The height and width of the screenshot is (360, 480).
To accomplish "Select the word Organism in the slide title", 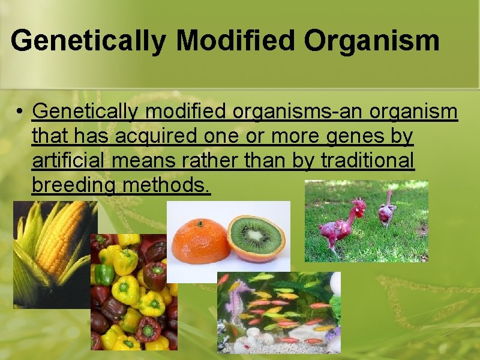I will [371, 41].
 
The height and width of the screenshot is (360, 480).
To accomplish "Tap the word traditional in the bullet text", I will [368, 161].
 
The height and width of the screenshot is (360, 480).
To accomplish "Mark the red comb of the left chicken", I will [358, 203].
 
